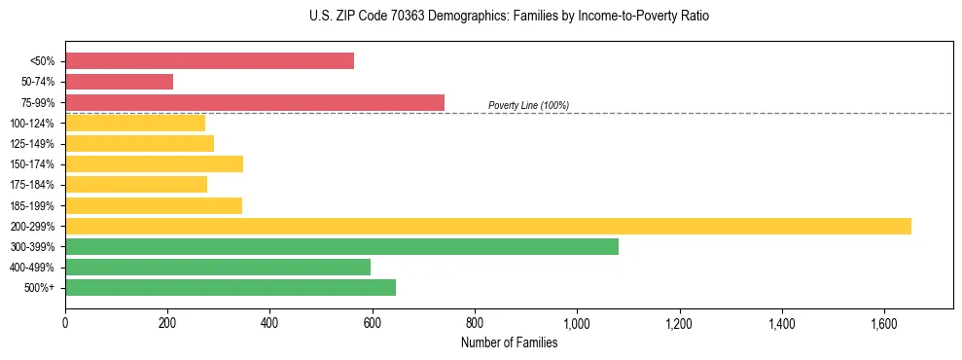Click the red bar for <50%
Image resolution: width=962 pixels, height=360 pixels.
tap(209, 61)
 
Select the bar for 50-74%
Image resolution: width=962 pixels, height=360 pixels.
tap(119, 82)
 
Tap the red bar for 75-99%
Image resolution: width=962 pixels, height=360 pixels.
tap(255, 102)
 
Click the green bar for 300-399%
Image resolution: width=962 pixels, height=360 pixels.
tap(341, 246)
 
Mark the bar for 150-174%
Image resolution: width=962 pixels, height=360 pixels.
tap(154, 163)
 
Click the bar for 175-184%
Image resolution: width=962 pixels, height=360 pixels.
tap(136, 185)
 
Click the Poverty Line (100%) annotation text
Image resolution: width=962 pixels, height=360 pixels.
tap(528, 105)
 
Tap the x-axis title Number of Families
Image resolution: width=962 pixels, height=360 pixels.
tap(509, 342)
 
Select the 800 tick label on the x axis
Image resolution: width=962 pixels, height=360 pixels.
tap(475, 322)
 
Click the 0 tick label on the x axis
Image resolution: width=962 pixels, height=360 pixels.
tap(65, 322)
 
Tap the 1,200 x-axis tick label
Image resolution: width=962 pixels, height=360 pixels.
tap(679, 322)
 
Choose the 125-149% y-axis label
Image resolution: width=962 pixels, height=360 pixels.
tap(32, 144)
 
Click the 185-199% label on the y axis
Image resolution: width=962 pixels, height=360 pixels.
tap(32, 205)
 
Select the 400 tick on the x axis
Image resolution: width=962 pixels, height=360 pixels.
tap(269, 322)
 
